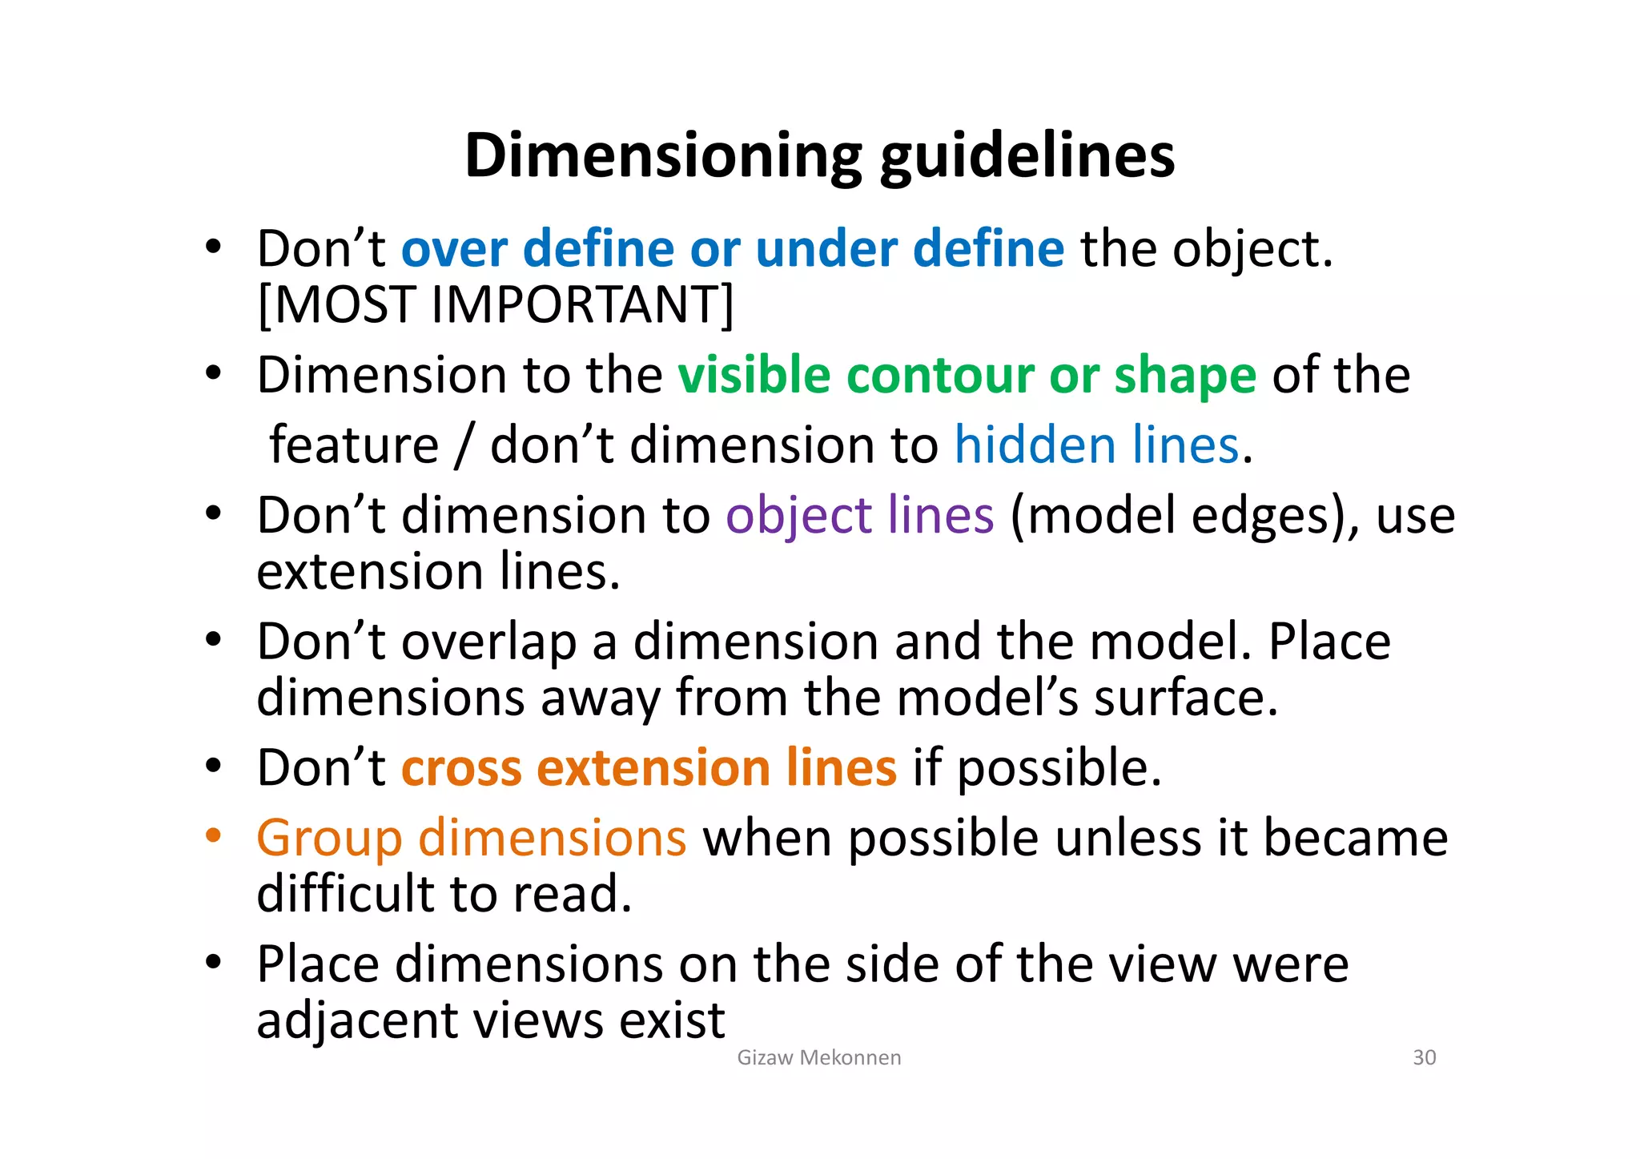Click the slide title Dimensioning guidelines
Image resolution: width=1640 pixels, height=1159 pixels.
(x=819, y=155)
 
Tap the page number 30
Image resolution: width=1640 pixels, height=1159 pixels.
(x=1424, y=1057)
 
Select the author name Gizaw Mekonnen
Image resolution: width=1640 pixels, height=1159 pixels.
(x=818, y=1057)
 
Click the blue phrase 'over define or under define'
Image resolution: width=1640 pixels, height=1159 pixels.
(x=733, y=248)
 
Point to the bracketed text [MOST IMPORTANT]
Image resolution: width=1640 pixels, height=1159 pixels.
(x=495, y=305)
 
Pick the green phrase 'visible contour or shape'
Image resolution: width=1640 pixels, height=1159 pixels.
(x=967, y=375)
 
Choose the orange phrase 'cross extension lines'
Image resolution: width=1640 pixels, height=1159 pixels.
(x=649, y=767)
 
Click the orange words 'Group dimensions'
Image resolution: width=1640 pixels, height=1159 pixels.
(x=471, y=838)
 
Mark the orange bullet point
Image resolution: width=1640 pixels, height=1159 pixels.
(x=212, y=836)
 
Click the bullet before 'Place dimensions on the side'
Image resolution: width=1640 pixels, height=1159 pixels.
(x=212, y=962)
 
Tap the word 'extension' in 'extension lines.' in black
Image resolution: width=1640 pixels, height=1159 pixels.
(x=370, y=572)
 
